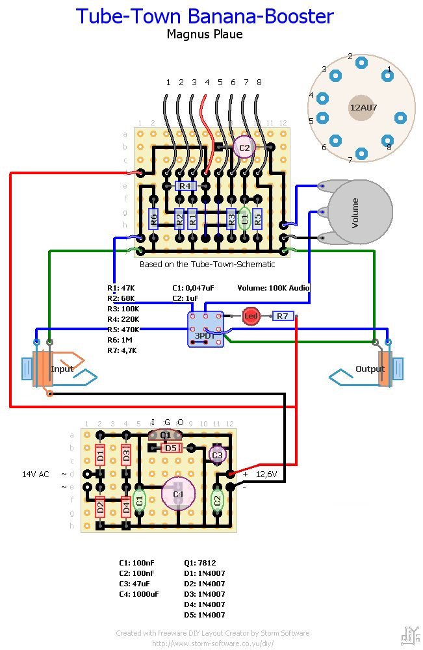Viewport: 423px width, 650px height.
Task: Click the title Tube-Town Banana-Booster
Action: pos(205,16)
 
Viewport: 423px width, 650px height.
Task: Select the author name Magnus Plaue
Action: pos(205,34)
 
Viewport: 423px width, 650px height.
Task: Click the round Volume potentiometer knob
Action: pos(361,213)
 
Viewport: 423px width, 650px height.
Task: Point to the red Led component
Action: pos(251,316)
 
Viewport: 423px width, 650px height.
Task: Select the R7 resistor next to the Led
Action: pos(282,316)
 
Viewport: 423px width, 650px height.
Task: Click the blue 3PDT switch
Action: pos(205,328)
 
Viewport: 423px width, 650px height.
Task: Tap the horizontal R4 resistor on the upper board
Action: pos(185,186)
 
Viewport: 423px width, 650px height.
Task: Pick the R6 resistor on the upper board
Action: pos(154,218)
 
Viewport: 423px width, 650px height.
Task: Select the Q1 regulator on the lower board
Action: pos(165,435)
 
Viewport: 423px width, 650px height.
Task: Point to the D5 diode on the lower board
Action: pos(171,447)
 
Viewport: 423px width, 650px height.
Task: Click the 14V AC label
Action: pos(35,474)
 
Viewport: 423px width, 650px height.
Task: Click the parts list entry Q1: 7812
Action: pos(200,563)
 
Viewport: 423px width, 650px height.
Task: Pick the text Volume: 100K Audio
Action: pos(273,287)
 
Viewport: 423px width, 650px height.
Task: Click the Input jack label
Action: pos(62,369)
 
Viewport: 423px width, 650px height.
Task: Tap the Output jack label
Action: pos(370,369)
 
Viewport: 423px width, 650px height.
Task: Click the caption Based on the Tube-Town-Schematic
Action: pos(207,265)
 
